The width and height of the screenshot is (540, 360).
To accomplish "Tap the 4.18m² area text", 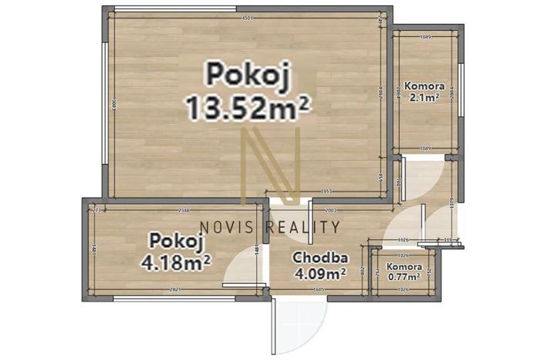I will click(176, 262).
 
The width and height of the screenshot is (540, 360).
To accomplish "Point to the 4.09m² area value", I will click(320, 272).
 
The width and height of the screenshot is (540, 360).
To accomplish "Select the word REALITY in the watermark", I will click(305, 226).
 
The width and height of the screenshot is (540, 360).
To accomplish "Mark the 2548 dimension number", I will click(185, 209).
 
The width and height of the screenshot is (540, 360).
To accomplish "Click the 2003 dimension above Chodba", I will click(332, 209).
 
